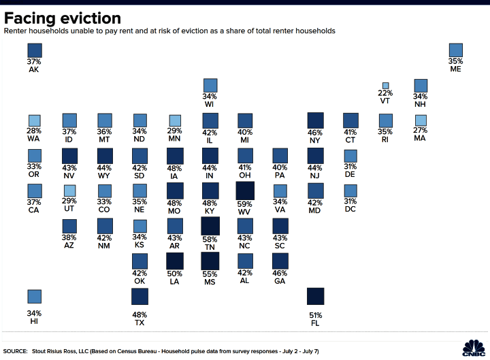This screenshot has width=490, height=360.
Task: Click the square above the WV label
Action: (245, 191)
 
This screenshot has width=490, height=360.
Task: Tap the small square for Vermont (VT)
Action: (386, 86)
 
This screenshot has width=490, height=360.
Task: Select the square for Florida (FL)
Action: (315, 296)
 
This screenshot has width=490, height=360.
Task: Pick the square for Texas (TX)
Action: (140, 297)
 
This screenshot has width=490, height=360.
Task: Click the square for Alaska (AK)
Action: (35, 50)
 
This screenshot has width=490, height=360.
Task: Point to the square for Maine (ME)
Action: (455, 50)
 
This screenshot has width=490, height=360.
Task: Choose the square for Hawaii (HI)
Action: (35, 297)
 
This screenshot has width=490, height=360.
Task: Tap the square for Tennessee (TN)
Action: (210, 226)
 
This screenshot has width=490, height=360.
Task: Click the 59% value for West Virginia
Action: (244, 204)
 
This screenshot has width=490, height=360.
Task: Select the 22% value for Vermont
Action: (385, 93)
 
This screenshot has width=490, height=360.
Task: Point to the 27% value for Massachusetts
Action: (420, 130)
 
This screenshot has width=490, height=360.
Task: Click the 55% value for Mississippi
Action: (210, 274)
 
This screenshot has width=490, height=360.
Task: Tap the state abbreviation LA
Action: (174, 282)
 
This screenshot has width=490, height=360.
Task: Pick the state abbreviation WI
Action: (209, 104)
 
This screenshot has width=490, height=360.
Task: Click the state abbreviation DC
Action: (350, 209)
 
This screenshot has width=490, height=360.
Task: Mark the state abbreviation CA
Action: (33, 210)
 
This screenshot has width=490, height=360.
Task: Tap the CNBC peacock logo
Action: (474, 348)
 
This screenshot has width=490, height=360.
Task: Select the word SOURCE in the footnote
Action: (15, 351)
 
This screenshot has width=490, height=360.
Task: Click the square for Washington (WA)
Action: (35, 120)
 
